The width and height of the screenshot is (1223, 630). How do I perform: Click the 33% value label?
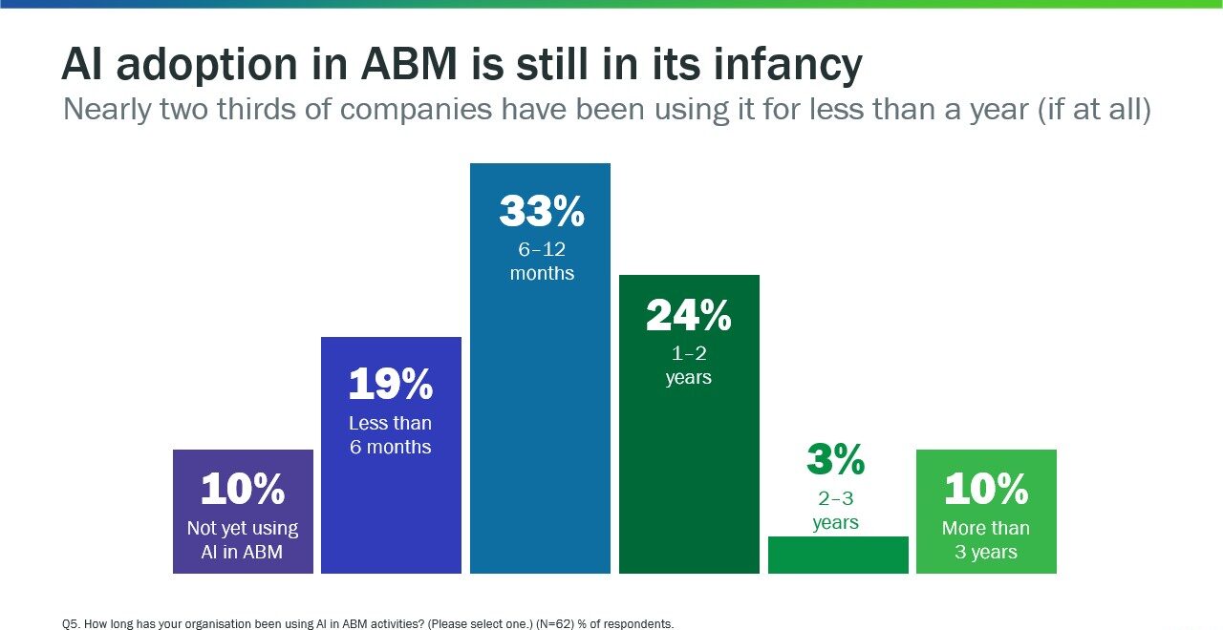(541, 212)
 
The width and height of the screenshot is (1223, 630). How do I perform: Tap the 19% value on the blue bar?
(390, 385)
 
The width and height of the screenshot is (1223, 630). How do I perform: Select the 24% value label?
(688, 316)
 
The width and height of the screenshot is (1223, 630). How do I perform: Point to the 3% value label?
(835, 460)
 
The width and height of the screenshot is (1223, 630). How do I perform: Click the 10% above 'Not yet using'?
(243, 490)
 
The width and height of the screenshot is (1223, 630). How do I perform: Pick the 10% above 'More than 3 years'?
(986, 490)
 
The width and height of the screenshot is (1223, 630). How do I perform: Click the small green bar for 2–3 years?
(838, 555)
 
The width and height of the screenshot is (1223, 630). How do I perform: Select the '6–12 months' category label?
(542, 261)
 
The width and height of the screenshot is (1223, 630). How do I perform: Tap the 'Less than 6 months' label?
(390, 434)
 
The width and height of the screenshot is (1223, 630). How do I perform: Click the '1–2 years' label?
(688, 366)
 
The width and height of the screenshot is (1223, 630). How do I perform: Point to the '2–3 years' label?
(835, 511)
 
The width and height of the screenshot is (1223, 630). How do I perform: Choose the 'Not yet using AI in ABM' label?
(243, 539)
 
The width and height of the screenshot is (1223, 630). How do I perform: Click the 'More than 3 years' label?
(986, 539)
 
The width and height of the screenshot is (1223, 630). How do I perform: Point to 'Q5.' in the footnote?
(71, 624)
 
